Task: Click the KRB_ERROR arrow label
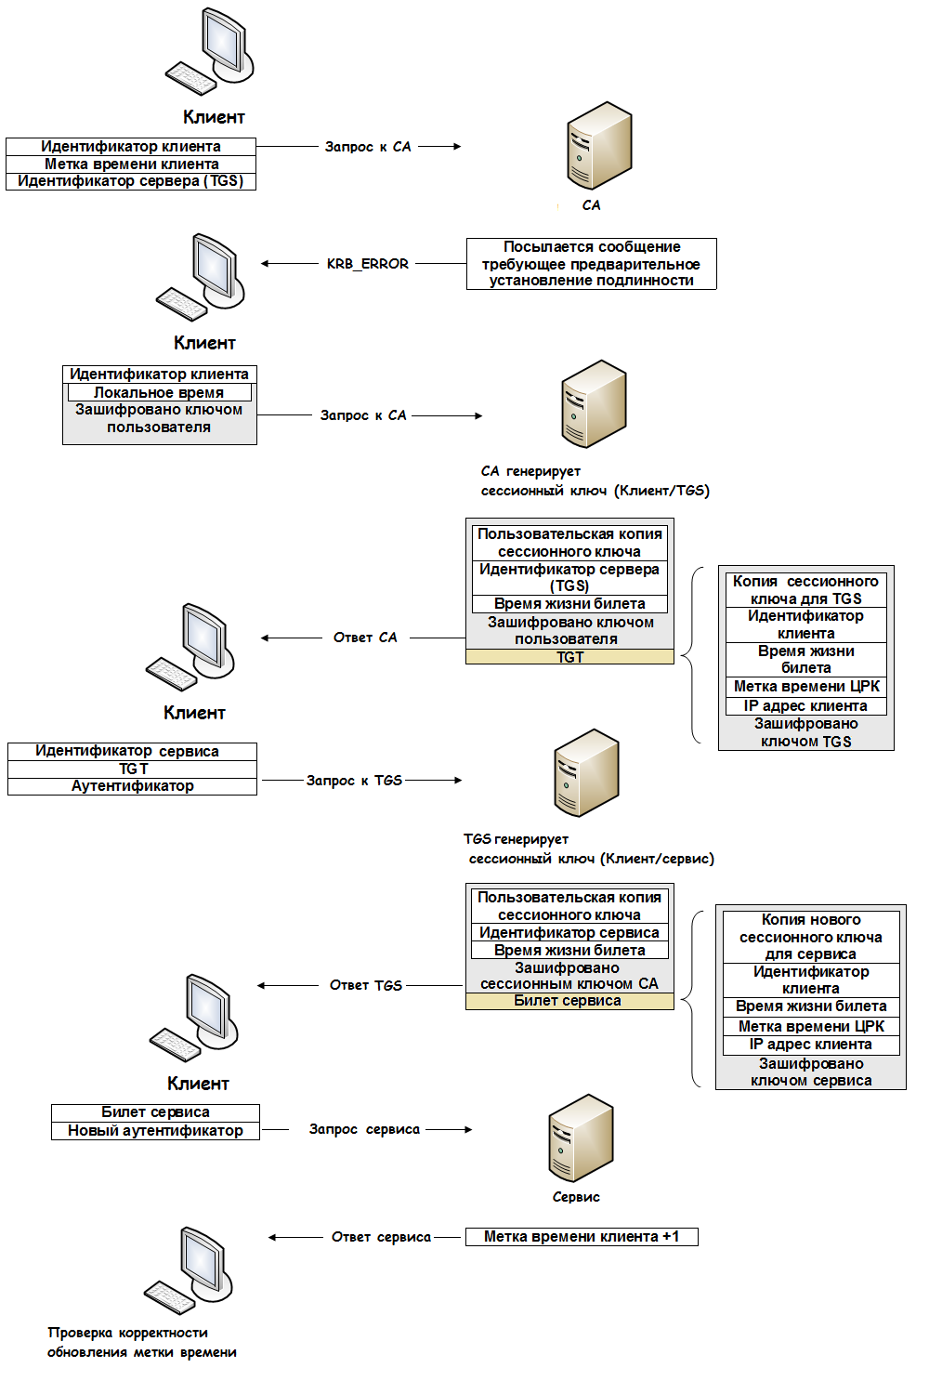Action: (367, 264)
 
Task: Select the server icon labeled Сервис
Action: (581, 1138)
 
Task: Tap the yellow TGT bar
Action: (569, 657)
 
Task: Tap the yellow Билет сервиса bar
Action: (569, 1001)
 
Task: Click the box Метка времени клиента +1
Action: (582, 1237)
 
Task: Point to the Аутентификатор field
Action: (132, 786)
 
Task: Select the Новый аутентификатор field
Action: (155, 1131)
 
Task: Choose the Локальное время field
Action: (159, 393)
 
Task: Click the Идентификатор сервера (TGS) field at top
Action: (130, 181)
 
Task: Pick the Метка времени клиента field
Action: (131, 164)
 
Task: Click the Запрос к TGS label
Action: (354, 781)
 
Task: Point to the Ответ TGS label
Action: (365, 985)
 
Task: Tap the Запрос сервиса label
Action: (364, 1129)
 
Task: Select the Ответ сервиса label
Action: (381, 1237)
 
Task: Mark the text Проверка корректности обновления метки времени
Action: (141, 1343)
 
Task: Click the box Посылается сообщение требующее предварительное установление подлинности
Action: (591, 264)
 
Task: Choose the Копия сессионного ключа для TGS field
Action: (805, 590)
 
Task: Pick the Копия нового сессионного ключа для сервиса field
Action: (810, 937)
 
